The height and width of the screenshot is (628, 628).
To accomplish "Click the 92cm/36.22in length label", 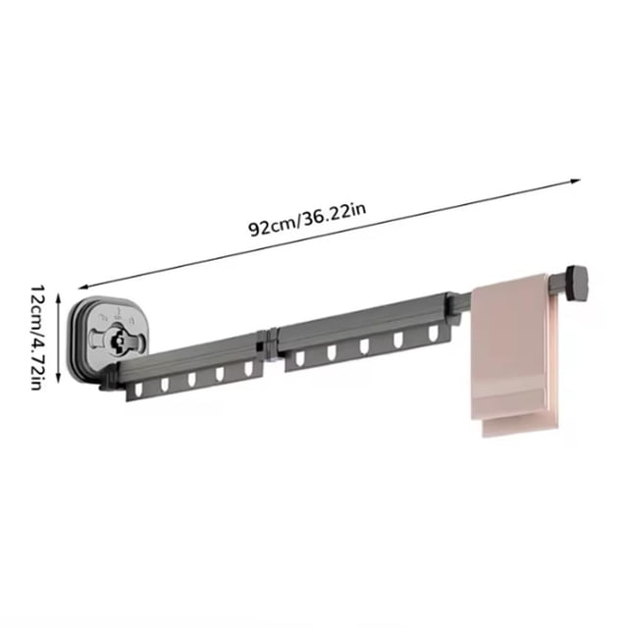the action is (x=307, y=220).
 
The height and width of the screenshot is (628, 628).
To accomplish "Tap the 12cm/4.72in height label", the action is (x=36, y=338).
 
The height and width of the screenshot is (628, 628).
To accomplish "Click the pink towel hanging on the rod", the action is (x=514, y=355).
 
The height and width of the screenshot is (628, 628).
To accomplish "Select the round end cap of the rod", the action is (x=576, y=284).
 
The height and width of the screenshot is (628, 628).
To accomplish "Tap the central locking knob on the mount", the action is (x=119, y=340).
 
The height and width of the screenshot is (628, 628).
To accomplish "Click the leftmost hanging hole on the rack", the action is (x=139, y=390).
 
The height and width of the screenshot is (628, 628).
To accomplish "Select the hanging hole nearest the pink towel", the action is (x=433, y=333).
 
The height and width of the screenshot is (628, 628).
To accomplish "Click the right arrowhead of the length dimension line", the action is (x=576, y=182).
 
